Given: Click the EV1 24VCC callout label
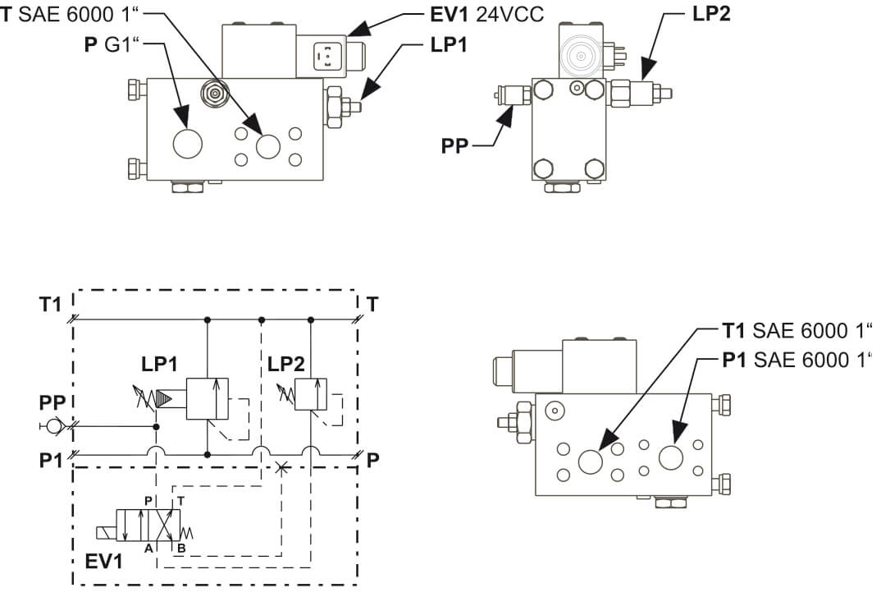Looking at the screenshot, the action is click(486, 14).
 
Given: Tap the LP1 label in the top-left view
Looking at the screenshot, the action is click(449, 45).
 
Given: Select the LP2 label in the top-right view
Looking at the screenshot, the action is click(710, 13).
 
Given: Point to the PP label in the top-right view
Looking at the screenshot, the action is click(454, 145).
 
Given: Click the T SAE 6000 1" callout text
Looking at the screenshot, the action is click(69, 14).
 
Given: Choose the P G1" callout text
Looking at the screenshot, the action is click(112, 44).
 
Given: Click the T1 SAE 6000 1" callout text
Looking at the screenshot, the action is click(797, 331).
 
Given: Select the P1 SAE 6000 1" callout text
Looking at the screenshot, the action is click(797, 360).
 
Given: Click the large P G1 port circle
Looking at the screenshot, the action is click(188, 144).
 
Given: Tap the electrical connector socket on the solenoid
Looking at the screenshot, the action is click(325, 57).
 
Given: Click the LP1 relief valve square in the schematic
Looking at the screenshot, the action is click(208, 398).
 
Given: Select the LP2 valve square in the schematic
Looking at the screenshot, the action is click(311, 394).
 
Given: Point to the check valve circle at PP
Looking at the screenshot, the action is click(54, 426).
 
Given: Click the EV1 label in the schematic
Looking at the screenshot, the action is click(103, 562).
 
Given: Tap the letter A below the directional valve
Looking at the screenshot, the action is click(148, 548).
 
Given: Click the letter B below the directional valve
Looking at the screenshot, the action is click(181, 548).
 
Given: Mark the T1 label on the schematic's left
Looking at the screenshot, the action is click(50, 305).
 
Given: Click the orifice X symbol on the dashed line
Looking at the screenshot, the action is click(282, 467).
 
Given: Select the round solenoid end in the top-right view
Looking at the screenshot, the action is click(582, 56).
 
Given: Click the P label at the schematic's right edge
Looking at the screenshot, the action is click(372, 460).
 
